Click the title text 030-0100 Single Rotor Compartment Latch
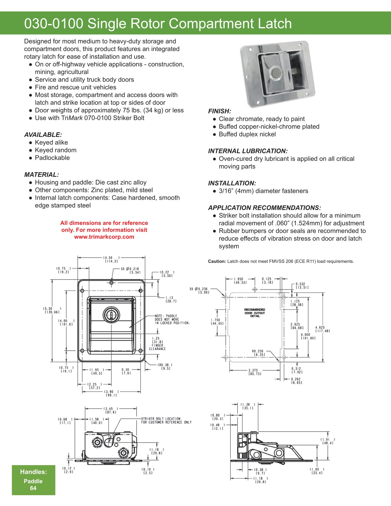click(x=158, y=24)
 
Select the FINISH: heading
click(x=219, y=111)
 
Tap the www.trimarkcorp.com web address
click(x=104, y=237)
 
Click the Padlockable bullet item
click(x=52, y=158)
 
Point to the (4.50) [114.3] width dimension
click(x=111, y=259)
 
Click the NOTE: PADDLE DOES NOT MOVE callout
click(x=172, y=319)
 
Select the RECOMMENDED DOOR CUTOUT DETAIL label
click(x=255, y=313)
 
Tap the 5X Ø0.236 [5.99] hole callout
click(x=199, y=290)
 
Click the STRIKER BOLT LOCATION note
click(x=166, y=420)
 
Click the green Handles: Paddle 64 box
click(x=34, y=480)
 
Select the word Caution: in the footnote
click(x=217, y=261)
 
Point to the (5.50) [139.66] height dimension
click(x=52, y=310)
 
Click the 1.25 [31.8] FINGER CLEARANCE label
click(x=157, y=343)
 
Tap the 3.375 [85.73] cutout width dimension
click(x=255, y=372)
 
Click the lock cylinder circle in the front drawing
click(x=111, y=314)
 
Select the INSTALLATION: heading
click(x=232, y=183)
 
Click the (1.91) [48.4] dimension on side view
click(x=328, y=441)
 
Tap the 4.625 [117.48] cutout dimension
click(x=322, y=329)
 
